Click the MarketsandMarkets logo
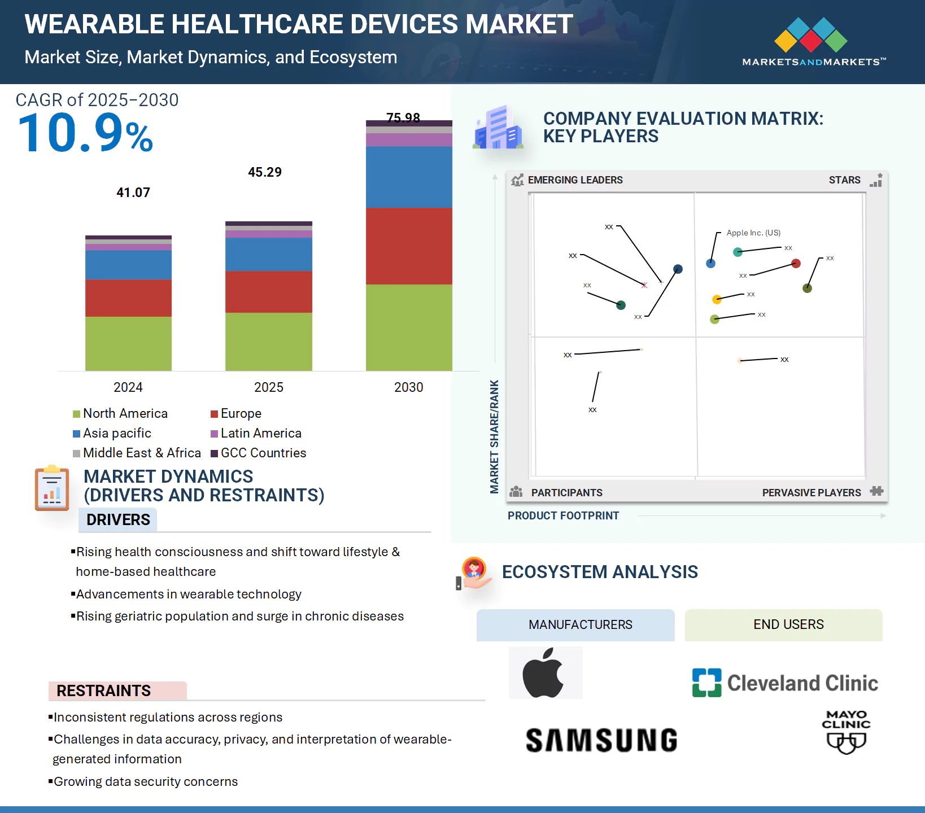[x=813, y=42]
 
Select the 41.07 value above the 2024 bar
[x=133, y=193]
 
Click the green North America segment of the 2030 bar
[x=409, y=327]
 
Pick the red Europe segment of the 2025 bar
[x=269, y=292]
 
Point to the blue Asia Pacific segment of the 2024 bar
[x=128, y=265]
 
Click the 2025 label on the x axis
[x=269, y=387]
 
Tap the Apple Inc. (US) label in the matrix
[x=753, y=233]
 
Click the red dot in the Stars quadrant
[x=796, y=263]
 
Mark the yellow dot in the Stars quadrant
[x=717, y=299]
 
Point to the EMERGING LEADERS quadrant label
[x=575, y=180]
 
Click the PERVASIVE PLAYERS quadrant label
[x=811, y=492]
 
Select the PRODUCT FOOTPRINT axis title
[x=563, y=515]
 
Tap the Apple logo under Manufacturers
[x=544, y=673]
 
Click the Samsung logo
[x=601, y=740]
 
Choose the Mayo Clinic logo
[x=846, y=732]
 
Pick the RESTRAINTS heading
[x=104, y=690]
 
